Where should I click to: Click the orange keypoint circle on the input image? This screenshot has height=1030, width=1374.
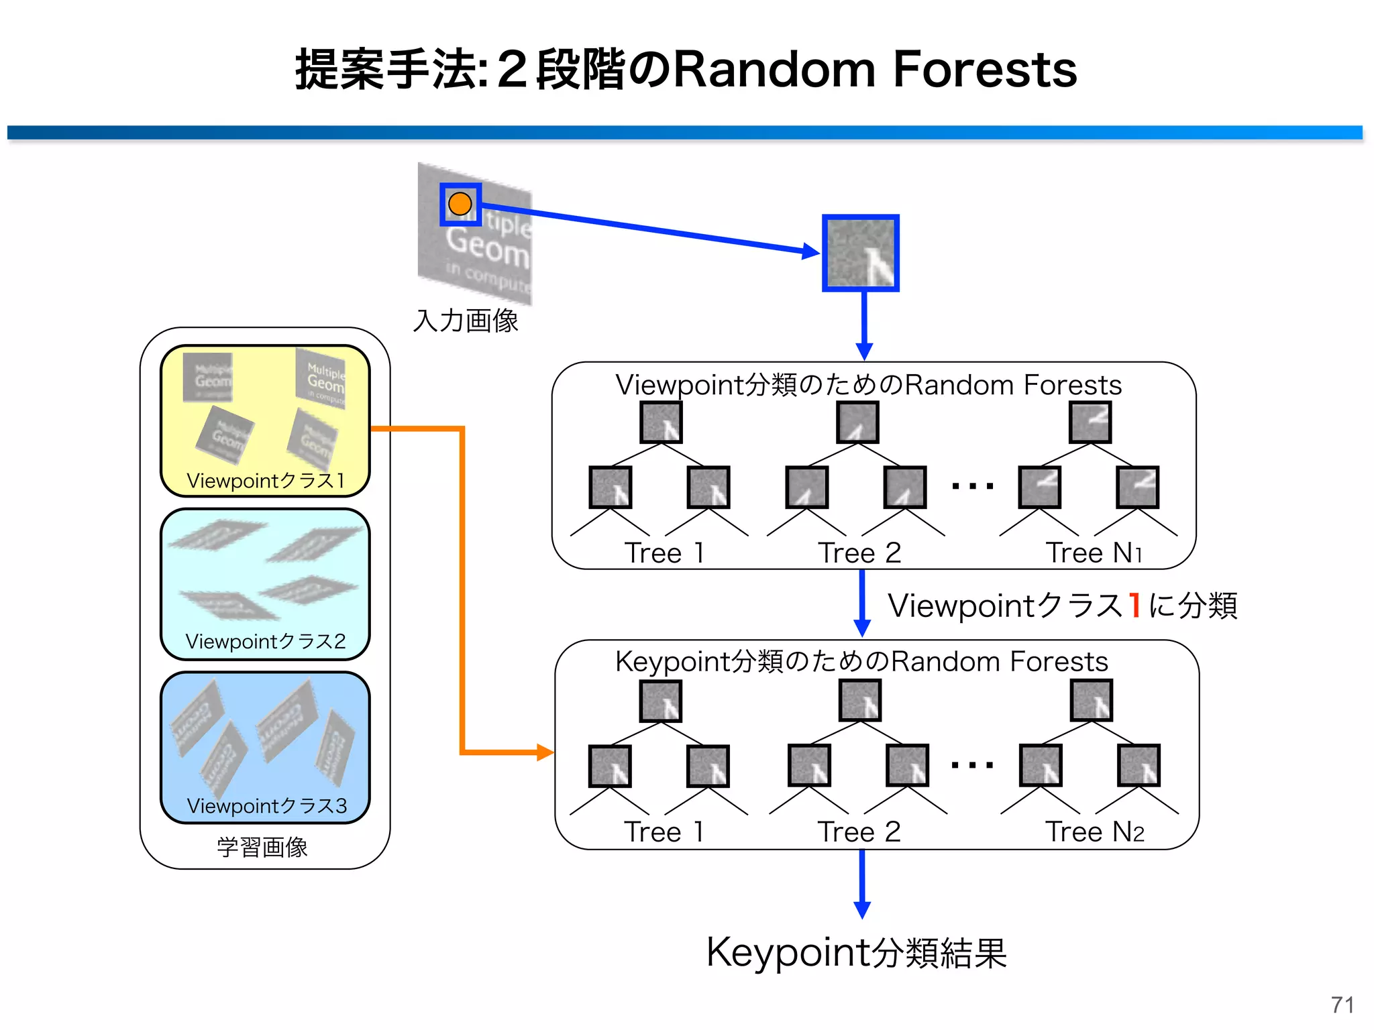(x=460, y=204)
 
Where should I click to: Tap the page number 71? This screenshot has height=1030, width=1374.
(x=1342, y=1005)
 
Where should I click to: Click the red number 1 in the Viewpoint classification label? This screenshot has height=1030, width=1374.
(x=1134, y=605)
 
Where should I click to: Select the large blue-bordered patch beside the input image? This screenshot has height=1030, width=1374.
(x=861, y=253)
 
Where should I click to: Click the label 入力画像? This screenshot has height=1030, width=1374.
(x=466, y=321)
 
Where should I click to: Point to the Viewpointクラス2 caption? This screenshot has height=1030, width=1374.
(x=266, y=642)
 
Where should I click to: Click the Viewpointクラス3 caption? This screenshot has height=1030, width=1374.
(x=267, y=805)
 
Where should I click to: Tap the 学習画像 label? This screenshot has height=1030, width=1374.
(x=262, y=847)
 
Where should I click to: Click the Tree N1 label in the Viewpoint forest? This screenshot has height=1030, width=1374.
(x=1094, y=553)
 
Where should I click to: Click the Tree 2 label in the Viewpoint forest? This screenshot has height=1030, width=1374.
(x=859, y=553)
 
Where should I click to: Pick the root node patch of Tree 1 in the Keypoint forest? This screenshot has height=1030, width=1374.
(x=661, y=701)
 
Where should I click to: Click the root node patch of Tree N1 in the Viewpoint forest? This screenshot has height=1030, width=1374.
(x=1090, y=422)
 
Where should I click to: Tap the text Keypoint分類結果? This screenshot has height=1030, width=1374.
(x=857, y=952)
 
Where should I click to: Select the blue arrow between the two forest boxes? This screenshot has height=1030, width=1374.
(x=862, y=604)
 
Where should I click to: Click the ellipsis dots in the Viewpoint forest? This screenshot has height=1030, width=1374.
(x=973, y=485)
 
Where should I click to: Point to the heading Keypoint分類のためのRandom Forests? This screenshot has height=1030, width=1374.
(x=861, y=661)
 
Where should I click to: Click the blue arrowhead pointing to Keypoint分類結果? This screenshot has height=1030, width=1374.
(x=862, y=910)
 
